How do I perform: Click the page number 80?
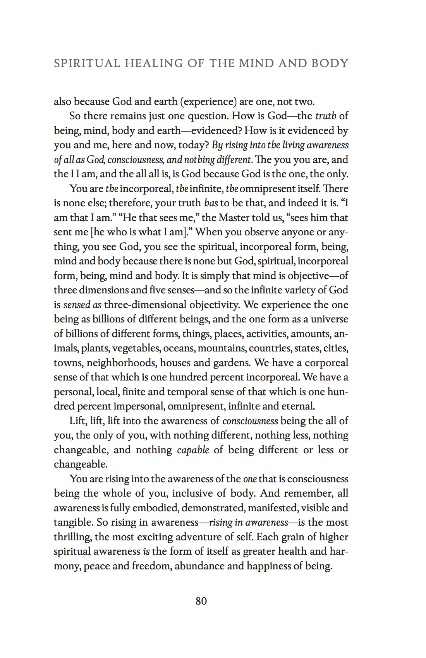(x=201, y=601)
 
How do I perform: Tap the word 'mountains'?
(x=221, y=348)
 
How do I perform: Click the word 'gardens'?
(x=231, y=363)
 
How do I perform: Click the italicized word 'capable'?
(x=193, y=450)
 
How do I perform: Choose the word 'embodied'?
(x=155, y=508)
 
